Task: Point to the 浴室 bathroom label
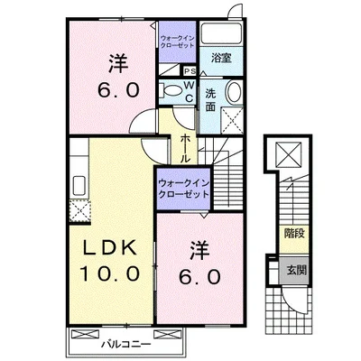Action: point(221,58)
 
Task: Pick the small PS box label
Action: point(190,71)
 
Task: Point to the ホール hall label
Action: point(184,145)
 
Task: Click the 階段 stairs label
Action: point(293,233)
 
